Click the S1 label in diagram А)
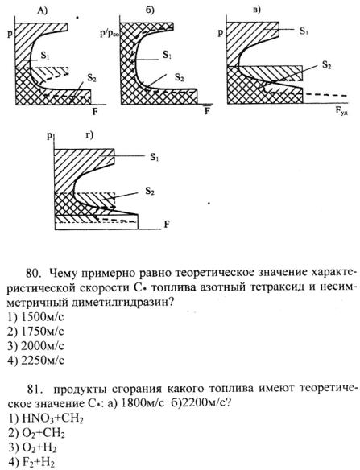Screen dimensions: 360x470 [x=45, y=56]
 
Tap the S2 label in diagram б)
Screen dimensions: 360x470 [x=180, y=78]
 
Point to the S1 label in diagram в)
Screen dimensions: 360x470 [x=304, y=31]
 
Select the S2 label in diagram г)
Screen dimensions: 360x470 [x=150, y=191]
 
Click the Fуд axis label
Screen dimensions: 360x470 [x=342, y=112]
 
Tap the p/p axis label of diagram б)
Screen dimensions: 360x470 [x=110, y=33]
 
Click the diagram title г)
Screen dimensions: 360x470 [x=89, y=135]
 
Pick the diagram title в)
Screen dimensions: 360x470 [x=256, y=10]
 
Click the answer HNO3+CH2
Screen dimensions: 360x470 [x=52, y=418]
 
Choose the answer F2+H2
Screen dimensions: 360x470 [x=39, y=462]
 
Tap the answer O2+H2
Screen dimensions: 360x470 [x=39, y=447]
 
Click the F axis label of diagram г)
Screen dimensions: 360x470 [x=167, y=225]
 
